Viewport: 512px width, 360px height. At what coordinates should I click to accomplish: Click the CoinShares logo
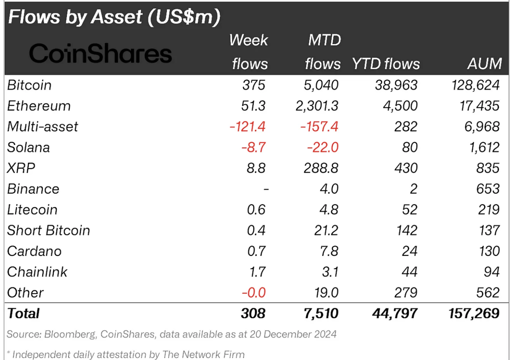click(100, 54)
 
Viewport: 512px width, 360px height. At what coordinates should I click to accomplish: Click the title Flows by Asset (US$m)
click(114, 17)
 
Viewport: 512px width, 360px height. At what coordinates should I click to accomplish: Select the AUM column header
click(484, 64)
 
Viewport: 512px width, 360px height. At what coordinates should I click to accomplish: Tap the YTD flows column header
click(386, 64)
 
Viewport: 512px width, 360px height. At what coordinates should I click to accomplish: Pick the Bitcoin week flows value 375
click(254, 85)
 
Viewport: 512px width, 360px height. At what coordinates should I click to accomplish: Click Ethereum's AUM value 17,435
click(479, 106)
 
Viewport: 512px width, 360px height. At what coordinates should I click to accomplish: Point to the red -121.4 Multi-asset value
click(247, 127)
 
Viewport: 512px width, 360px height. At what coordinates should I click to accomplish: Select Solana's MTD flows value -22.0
click(322, 148)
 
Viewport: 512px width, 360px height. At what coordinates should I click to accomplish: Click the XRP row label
click(21, 168)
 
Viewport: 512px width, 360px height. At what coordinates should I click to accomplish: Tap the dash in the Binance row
click(266, 189)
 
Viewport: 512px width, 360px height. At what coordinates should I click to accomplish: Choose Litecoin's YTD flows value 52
click(409, 210)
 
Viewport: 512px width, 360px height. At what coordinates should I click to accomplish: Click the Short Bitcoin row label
click(48, 231)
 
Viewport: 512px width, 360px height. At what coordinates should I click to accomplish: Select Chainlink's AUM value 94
click(491, 272)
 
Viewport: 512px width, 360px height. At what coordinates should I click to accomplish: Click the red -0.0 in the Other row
click(254, 293)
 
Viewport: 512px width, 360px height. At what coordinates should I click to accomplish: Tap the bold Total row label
click(23, 314)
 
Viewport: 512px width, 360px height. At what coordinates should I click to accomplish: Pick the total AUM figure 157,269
click(474, 314)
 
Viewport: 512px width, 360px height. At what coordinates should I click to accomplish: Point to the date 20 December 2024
click(293, 334)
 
